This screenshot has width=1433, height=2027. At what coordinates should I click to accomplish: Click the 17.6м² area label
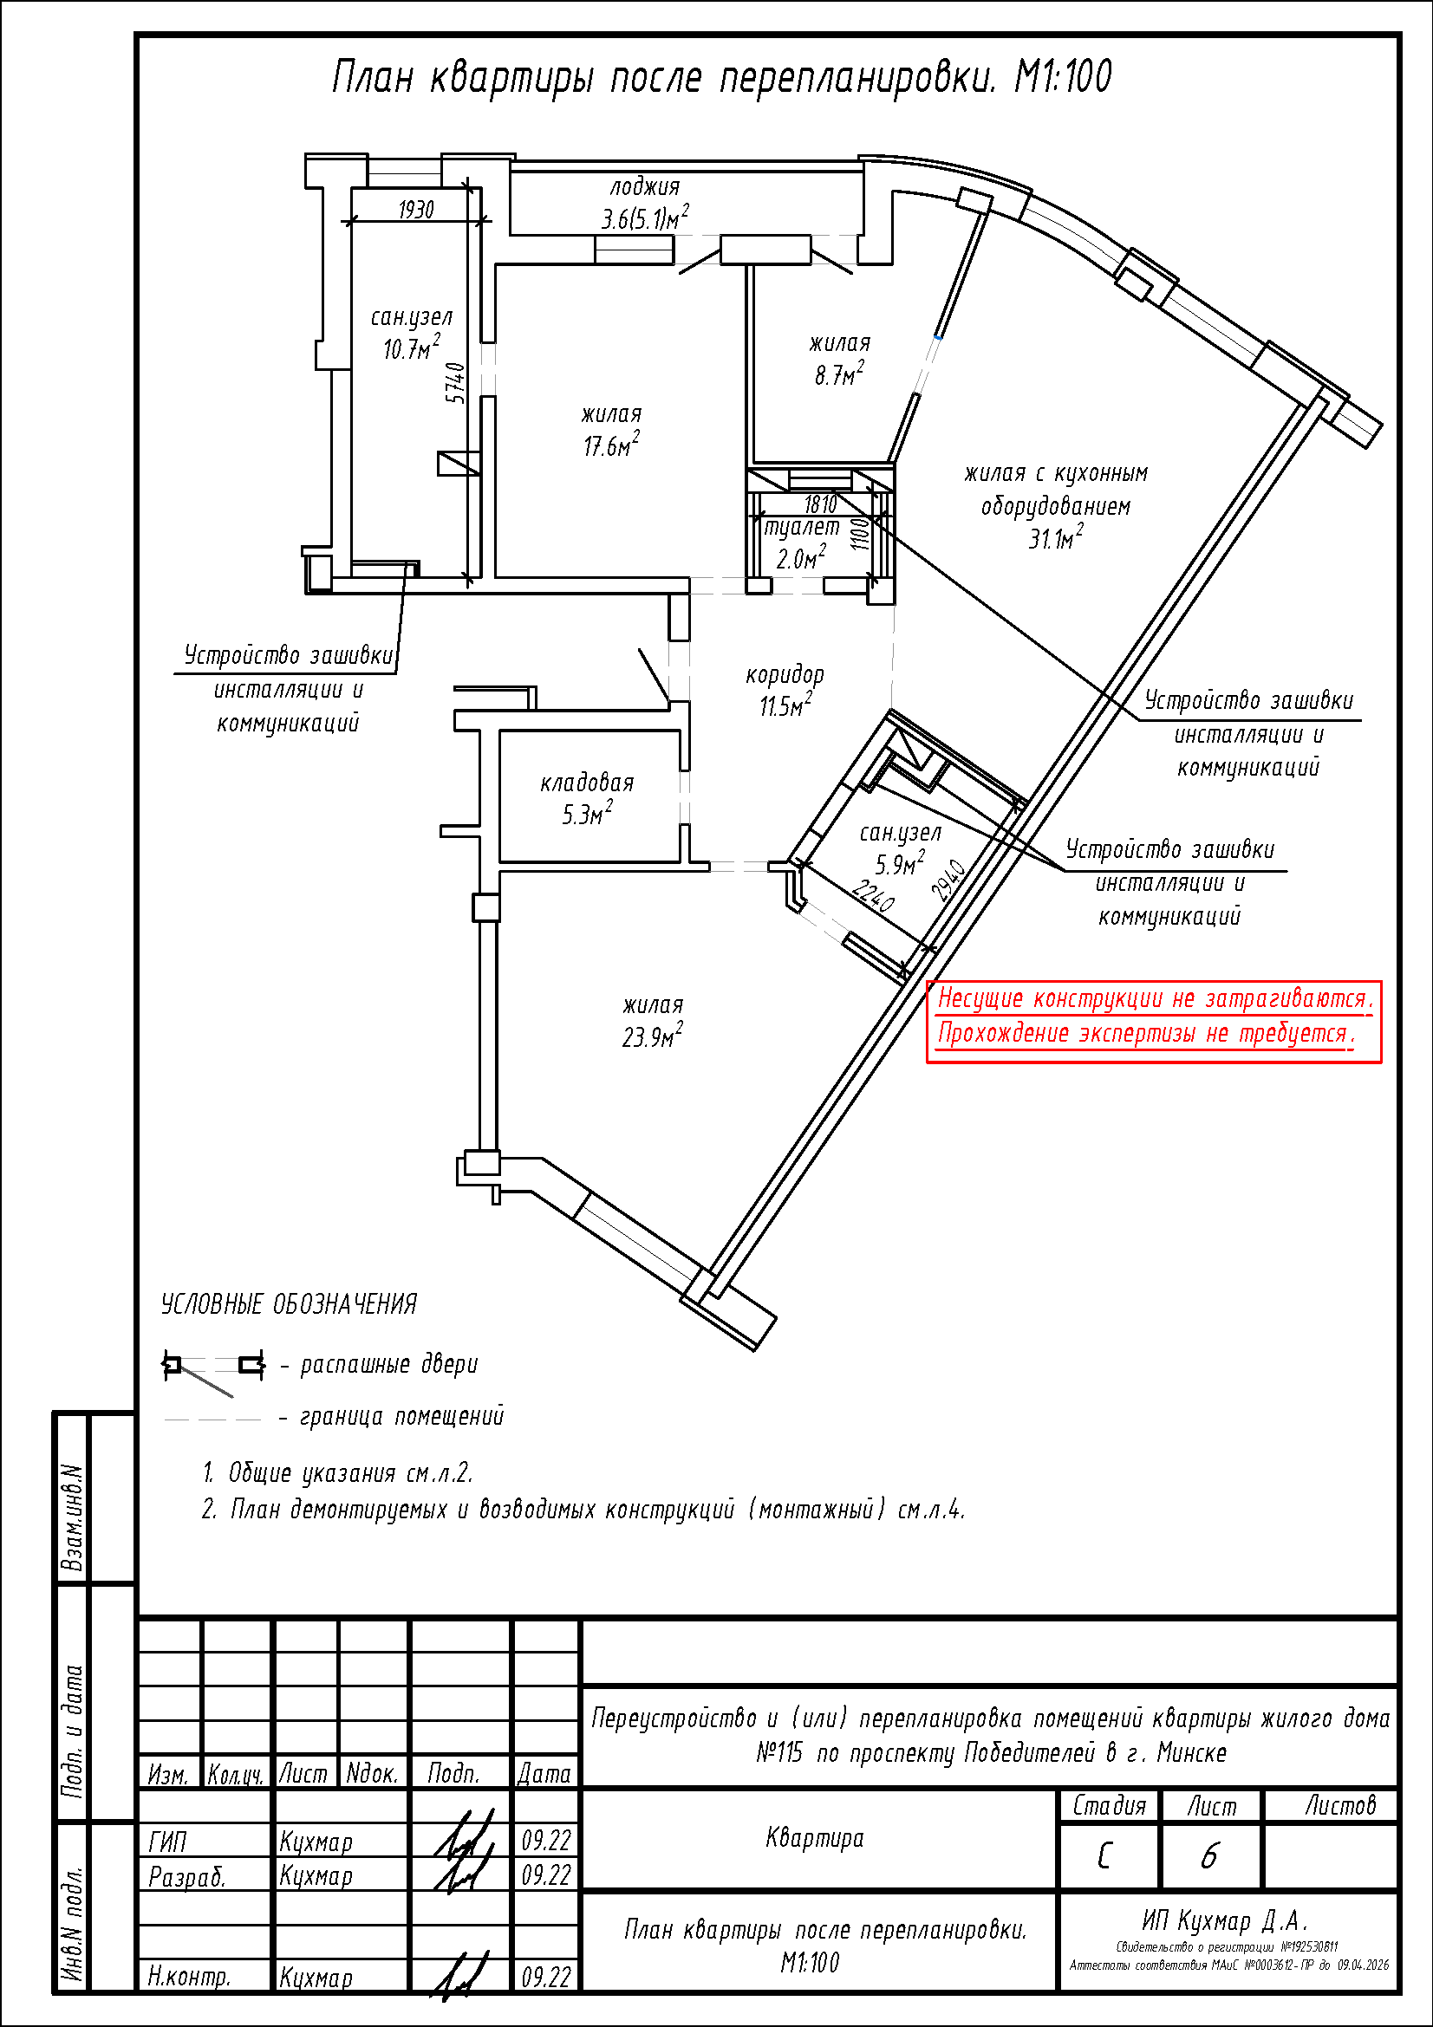point(611,445)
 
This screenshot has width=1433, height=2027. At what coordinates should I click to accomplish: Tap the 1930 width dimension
point(416,209)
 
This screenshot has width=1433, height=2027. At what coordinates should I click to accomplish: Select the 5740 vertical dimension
point(455,383)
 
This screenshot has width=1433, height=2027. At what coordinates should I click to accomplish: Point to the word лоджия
point(644,187)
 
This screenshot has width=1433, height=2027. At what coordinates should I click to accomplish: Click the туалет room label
point(802,527)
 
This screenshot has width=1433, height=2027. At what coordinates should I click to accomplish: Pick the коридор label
point(785,675)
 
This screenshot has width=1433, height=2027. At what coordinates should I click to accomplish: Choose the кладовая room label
point(587,783)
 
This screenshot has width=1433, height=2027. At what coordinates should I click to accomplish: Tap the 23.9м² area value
point(653,1036)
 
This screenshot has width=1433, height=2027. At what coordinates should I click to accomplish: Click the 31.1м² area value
point(1055,537)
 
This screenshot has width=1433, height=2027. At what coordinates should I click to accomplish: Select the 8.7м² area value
point(839,374)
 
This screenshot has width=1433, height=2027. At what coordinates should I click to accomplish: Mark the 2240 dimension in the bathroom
point(872,898)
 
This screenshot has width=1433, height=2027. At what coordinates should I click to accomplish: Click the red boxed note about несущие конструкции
point(1154,1022)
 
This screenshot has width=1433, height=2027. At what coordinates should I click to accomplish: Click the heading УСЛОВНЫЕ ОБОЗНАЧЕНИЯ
point(289,1304)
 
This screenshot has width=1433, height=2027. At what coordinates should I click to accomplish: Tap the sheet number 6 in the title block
point(1208,1855)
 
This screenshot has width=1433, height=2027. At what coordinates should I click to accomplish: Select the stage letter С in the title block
point(1104,1855)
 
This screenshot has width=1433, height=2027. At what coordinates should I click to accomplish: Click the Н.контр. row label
point(189,1976)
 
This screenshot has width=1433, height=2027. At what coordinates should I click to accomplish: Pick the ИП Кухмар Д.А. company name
point(1225,1920)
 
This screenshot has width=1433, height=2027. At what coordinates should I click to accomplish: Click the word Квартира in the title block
point(815,1838)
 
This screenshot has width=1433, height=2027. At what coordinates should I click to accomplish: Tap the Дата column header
point(544,1774)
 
